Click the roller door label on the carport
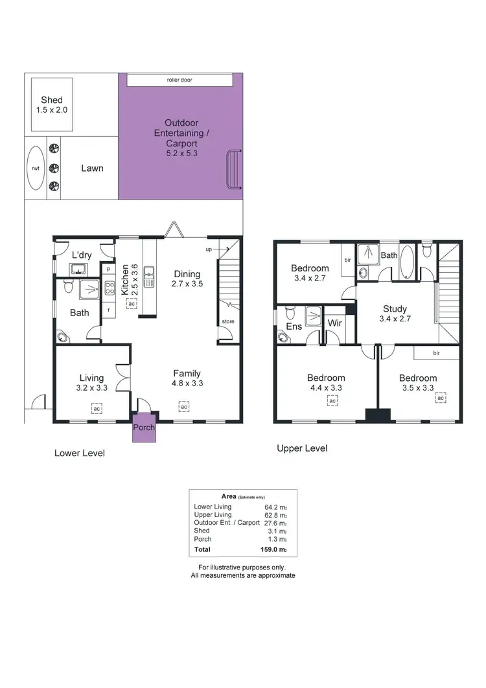click(x=179, y=80)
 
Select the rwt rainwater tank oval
click(x=36, y=168)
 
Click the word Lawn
click(x=92, y=168)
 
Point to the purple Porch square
click(x=144, y=428)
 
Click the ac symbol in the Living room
click(x=96, y=409)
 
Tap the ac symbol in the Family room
click(x=184, y=406)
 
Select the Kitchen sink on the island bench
click(x=148, y=277)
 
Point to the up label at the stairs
click(x=208, y=249)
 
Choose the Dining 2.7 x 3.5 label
click(x=187, y=279)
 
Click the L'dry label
click(x=81, y=255)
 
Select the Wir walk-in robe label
click(x=335, y=323)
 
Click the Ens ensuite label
click(x=294, y=327)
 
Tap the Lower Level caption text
click(x=79, y=453)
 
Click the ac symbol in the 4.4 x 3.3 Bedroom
click(x=332, y=402)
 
